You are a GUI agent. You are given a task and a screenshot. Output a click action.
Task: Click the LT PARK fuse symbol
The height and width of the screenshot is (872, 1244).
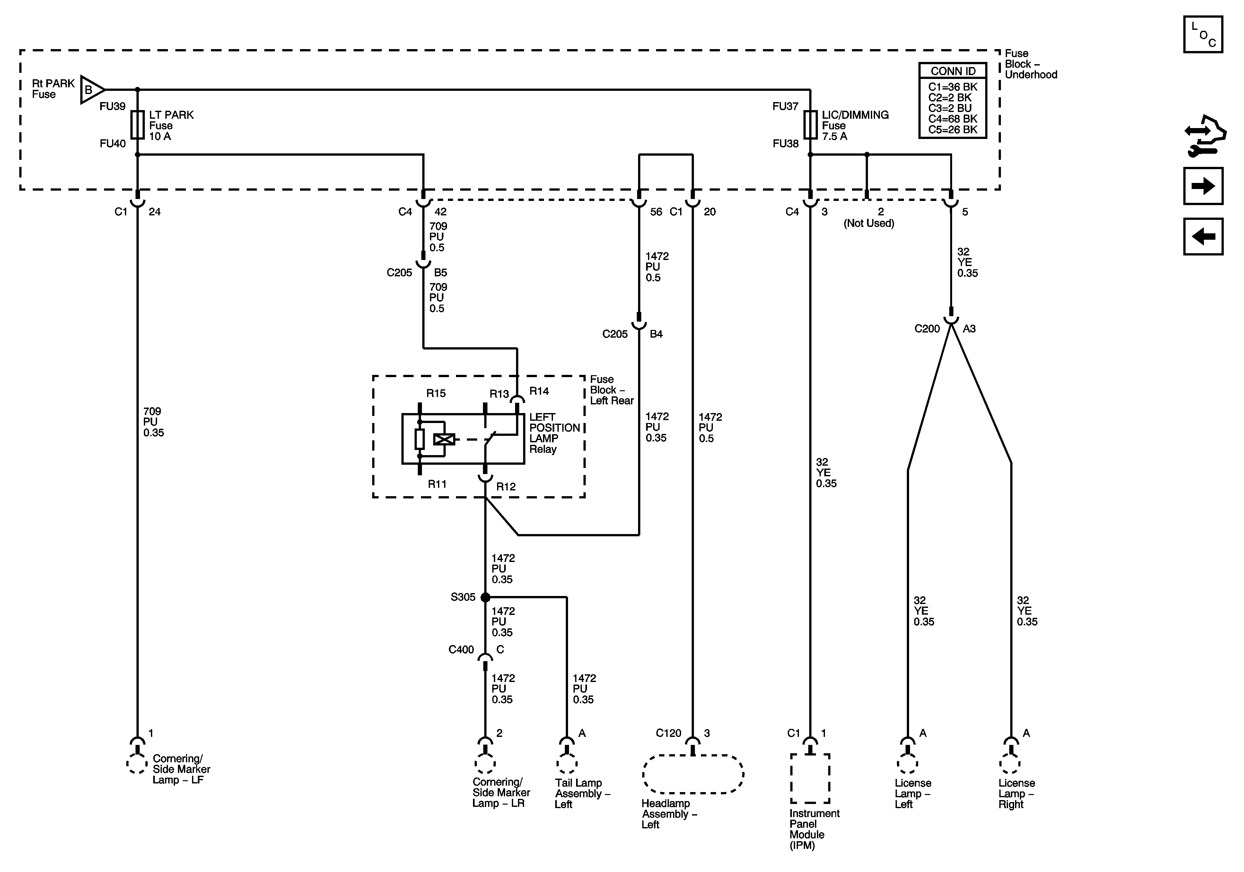[138, 125]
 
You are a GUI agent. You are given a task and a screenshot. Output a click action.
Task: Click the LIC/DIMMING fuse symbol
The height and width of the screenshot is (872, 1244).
[810, 125]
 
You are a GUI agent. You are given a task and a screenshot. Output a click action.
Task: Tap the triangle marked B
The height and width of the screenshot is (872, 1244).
[91, 89]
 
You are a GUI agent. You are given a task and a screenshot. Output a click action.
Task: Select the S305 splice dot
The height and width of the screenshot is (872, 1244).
[486, 597]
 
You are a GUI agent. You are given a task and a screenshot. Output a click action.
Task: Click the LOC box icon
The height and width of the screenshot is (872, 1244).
[1203, 35]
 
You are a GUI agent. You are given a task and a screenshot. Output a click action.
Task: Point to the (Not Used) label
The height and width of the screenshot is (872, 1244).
[869, 223]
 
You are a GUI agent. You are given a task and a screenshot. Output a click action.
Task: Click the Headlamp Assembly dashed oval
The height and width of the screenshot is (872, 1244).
[693, 774]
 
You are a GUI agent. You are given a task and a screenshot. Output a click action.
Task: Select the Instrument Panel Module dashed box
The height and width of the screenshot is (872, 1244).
[810, 778]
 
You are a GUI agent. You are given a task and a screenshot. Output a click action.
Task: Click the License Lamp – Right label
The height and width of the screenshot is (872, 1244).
[1016, 793]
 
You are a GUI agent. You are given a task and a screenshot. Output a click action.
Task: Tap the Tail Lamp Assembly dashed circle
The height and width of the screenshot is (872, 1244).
[567, 764]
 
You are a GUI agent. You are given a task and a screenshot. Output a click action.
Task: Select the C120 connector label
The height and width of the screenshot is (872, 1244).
[668, 733]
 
